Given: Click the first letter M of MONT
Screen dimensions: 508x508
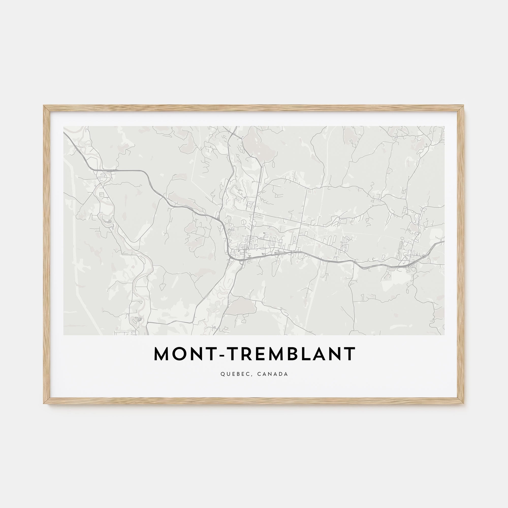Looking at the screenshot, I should coord(161,354).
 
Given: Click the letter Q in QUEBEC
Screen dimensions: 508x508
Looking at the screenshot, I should coord(223,374).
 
